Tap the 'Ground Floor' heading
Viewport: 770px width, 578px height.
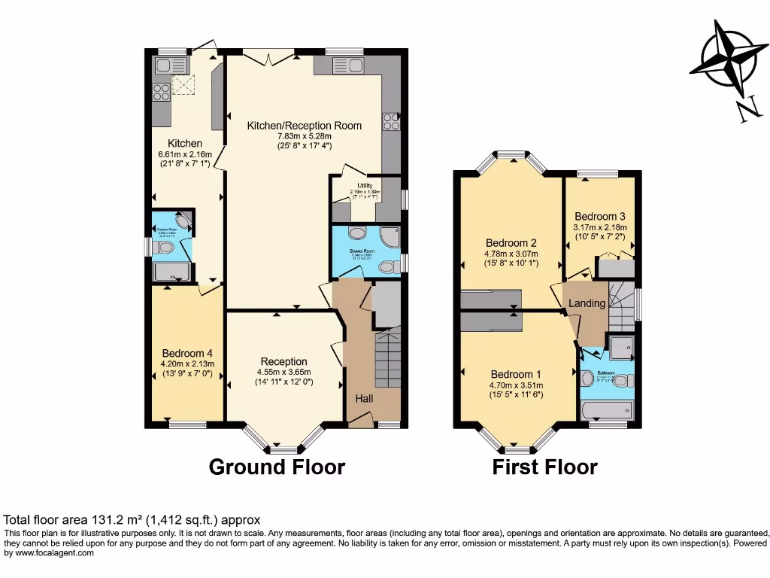pyautogui.click(x=277, y=467)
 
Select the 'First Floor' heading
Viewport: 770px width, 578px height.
pyautogui.click(x=544, y=467)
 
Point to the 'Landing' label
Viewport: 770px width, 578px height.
pyautogui.click(x=587, y=303)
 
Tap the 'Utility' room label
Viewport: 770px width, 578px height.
pyautogui.click(x=365, y=184)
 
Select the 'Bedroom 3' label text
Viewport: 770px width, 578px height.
pyautogui.click(x=600, y=215)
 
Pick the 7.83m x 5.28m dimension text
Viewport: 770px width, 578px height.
pyautogui.click(x=304, y=136)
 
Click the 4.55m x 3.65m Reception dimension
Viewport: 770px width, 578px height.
pyautogui.click(x=283, y=372)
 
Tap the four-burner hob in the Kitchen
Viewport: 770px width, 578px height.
pyautogui.click(x=162, y=92)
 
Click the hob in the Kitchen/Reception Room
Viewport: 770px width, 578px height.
pyautogui.click(x=391, y=122)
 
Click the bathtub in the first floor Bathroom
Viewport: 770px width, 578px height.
pyautogui.click(x=608, y=409)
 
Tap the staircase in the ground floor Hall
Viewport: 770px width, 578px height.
pyautogui.click(x=389, y=360)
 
